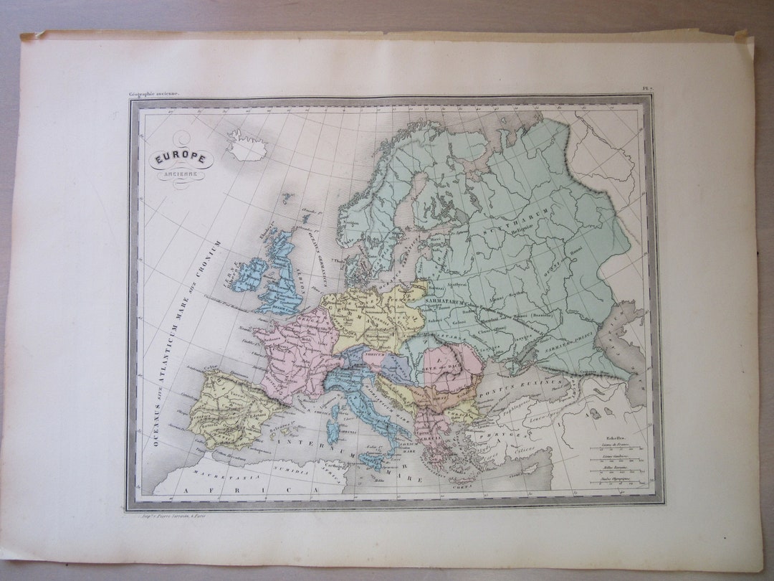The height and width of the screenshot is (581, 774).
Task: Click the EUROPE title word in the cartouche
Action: (181, 159)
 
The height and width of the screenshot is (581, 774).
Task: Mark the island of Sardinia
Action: (332, 432)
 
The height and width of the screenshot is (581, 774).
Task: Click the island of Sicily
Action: (373, 460)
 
